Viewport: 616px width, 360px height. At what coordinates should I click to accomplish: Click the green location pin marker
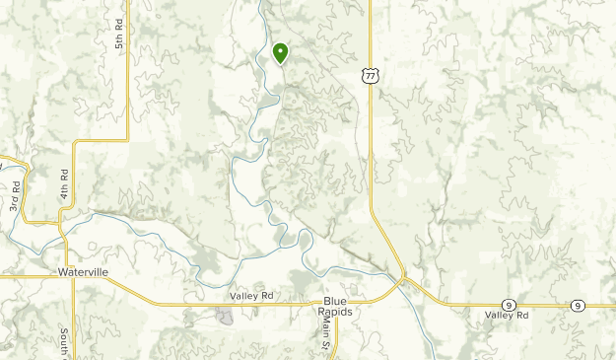point(281,52)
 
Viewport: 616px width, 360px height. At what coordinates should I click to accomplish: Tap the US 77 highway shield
point(369,74)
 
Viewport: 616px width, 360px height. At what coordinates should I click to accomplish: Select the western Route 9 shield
point(507,305)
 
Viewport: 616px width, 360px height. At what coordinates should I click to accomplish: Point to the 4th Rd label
point(63,184)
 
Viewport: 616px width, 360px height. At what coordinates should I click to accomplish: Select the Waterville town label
point(83,270)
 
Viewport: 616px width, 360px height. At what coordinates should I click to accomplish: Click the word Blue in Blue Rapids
point(335,301)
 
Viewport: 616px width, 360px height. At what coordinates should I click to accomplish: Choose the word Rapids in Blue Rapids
point(335,312)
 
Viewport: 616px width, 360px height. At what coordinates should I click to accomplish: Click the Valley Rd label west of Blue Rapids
point(250,295)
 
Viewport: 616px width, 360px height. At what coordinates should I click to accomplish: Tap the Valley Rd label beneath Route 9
point(507,316)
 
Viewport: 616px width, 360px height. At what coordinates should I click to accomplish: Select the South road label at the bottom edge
point(62,342)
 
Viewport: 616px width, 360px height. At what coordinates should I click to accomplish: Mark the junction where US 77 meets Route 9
point(403,279)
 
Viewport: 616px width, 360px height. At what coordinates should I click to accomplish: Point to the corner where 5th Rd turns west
point(128,140)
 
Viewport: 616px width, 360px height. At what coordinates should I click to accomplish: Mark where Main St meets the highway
point(336,304)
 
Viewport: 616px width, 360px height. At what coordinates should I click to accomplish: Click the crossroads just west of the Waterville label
point(64,277)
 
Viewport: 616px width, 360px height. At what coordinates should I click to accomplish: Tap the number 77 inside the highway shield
point(369,75)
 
